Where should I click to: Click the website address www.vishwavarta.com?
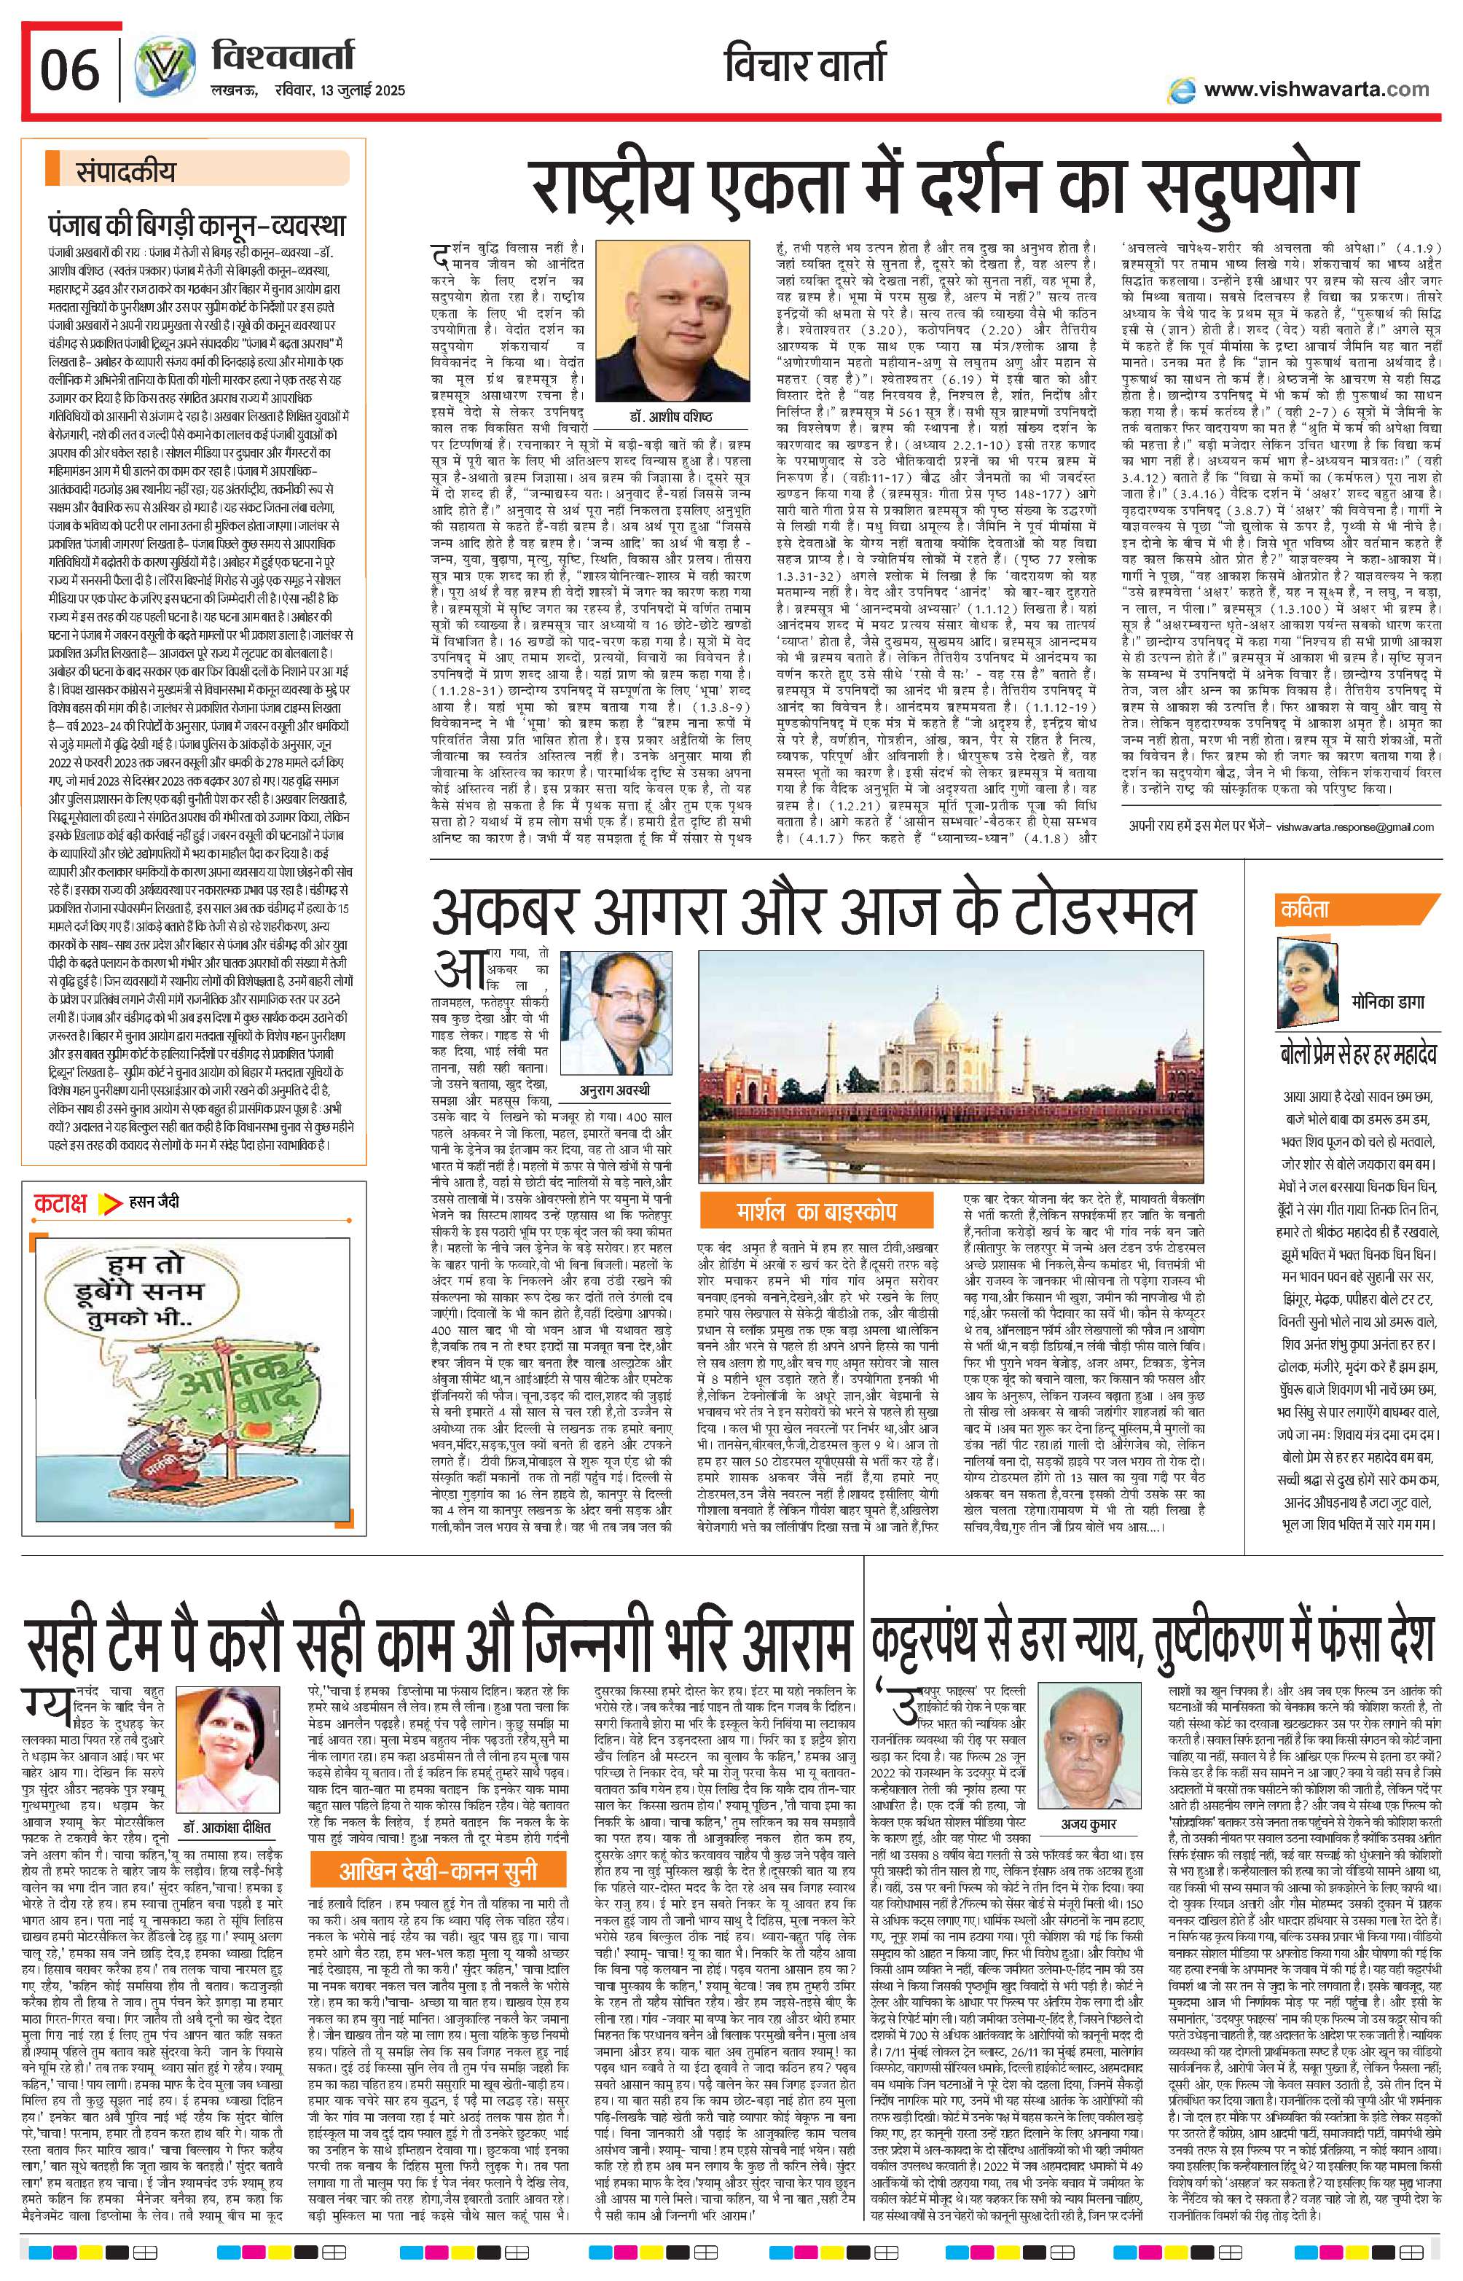1316,90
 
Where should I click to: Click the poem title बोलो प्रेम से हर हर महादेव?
1357,1054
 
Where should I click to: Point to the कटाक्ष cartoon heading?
60,1202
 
